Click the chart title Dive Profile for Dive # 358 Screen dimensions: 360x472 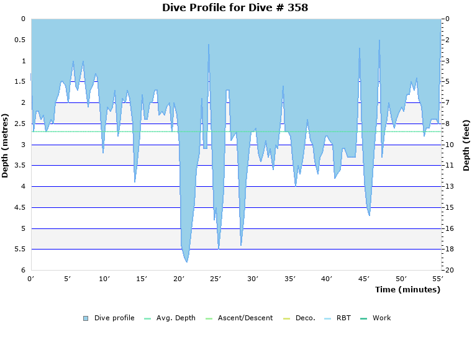click(235, 7)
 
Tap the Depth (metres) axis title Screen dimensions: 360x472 click(6, 145)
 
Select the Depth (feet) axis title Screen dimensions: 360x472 click(466, 145)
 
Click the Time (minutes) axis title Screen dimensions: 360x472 click(407, 289)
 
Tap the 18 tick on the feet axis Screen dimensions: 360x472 click(449, 250)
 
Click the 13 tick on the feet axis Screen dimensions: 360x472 click(449, 187)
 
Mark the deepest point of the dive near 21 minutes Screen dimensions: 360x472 click(186, 262)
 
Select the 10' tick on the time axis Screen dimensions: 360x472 click(105, 279)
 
